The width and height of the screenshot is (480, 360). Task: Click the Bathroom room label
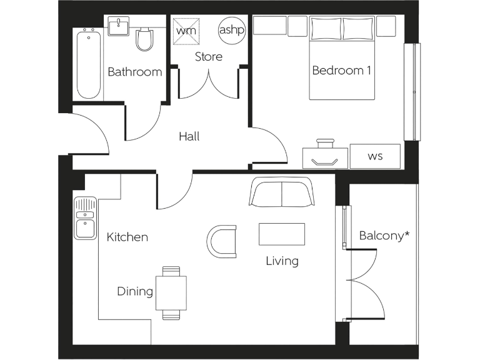(x=134, y=72)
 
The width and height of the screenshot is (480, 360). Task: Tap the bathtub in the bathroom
(x=89, y=62)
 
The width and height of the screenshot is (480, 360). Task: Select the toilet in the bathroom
(x=144, y=39)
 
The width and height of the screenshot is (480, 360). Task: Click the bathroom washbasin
(x=117, y=26)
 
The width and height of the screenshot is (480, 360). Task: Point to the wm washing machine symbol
(x=186, y=30)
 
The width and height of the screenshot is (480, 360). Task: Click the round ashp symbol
(x=231, y=30)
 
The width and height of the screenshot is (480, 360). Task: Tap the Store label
(x=208, y=57)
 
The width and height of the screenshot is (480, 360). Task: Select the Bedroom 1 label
(x=341, y=71)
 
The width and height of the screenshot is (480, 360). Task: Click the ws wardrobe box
(x=374, y=156)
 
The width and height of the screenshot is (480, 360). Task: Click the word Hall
(x=189, y=136)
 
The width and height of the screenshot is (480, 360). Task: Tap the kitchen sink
(x=84, y=217)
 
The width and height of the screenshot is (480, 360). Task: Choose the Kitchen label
(x=127, y=237)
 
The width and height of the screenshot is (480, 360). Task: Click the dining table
(x=171, y=292)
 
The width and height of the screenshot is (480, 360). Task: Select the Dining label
(x=135, y=292)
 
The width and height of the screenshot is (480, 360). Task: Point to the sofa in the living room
(x=282, y=192)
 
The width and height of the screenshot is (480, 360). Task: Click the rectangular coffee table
(x=282, y=234)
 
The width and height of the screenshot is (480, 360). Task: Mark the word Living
(x=282, y=261)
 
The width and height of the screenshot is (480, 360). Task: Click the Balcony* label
(x=384, y=236)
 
